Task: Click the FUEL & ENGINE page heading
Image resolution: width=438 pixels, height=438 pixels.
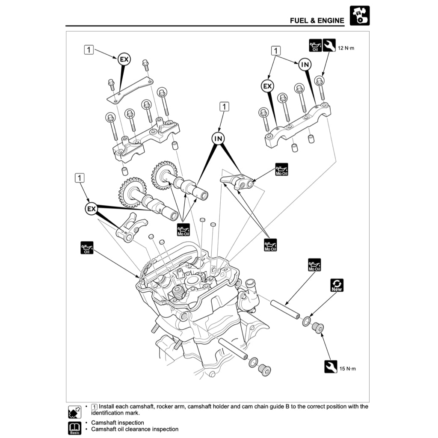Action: (317, 20)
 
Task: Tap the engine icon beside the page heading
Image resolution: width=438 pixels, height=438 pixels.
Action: (359, 16)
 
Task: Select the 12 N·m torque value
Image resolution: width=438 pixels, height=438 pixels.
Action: (346, 48)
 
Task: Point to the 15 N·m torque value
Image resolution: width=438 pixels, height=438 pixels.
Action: (347, 368)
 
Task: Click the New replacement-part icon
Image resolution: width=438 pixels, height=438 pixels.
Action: (337, 285)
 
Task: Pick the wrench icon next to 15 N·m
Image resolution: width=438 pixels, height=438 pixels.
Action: (331, 367)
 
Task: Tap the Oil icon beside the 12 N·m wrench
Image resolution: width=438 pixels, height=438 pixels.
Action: (315, 45)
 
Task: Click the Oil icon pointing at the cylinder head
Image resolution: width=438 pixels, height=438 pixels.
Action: (87, 247)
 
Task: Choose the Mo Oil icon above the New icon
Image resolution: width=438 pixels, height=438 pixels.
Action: (314, 265)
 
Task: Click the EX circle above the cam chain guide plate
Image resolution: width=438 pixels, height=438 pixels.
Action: (124, 59)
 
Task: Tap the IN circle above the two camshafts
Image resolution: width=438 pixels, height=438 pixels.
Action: (218, 139)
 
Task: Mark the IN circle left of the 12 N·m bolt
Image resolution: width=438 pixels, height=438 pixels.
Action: (305, 64)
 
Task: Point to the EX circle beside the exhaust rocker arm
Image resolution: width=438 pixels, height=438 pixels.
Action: (91, 209)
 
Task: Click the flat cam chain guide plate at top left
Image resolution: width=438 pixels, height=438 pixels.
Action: (130, 90)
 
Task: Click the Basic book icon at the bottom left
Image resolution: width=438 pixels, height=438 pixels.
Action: (74, 427)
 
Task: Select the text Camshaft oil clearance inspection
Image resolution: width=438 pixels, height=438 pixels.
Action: (135, 429)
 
